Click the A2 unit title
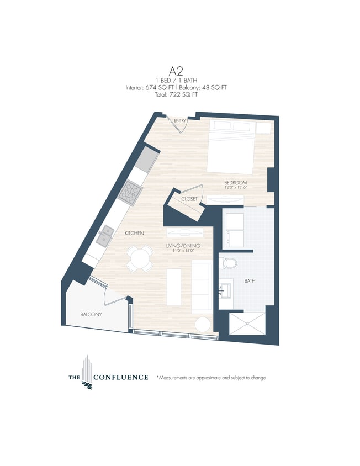(176, 71)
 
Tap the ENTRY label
(179, 120)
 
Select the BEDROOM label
(235, 182)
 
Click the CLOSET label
(189, 199)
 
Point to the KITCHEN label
(134, 234)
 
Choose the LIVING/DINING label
(183, 246)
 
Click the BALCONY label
(91, 314)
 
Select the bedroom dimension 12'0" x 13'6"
(236, 188)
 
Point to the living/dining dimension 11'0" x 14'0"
(183, 251)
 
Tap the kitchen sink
(103, 237)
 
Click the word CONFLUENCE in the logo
(121, 378)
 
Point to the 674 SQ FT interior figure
(160, 87)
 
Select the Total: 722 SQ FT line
(176, 94)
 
